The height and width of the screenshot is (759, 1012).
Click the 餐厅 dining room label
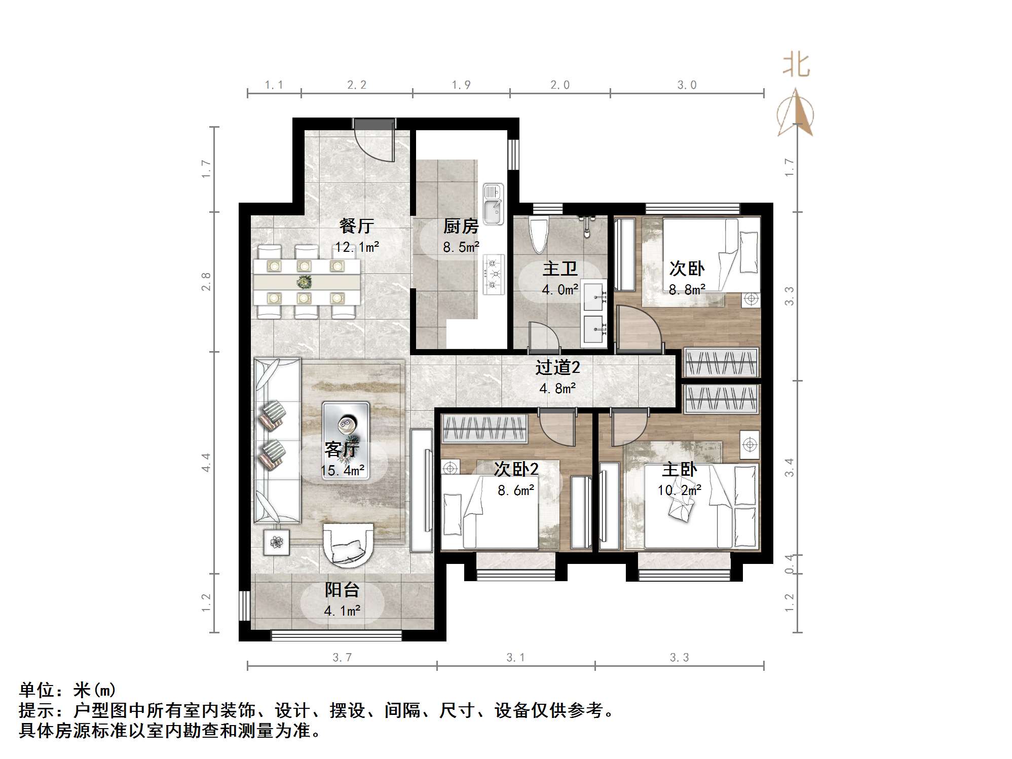point(357,226)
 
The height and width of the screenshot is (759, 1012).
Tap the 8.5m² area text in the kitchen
point(461,247)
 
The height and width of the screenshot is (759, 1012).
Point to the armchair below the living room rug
point(348,545)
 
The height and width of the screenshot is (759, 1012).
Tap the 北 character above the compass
point(796,66)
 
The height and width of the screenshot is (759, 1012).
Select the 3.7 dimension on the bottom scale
point(342,658)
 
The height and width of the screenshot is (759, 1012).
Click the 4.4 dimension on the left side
point(206,463)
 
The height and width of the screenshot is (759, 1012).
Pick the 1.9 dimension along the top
point(461,85)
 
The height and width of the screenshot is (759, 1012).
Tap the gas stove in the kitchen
point(494,275)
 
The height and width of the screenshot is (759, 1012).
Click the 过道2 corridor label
point(557,368)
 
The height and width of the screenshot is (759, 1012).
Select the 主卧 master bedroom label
point(679,470)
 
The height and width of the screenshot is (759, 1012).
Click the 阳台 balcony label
point(342,590)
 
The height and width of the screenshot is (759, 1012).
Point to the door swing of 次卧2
point(557,429)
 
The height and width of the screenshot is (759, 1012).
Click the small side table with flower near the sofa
point(276,543)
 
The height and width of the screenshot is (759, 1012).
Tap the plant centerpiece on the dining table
point(304,281)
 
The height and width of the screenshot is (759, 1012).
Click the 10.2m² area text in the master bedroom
point(679,490)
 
